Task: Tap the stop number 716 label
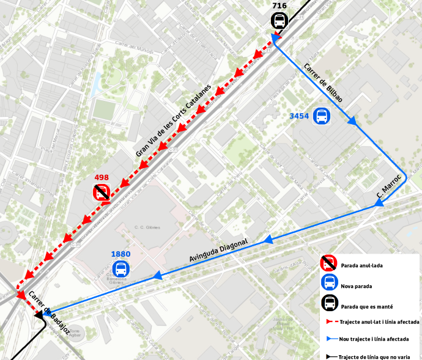[x=279, y=6]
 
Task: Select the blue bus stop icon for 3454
[x=321, y=116]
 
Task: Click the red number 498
[x=102, y=178]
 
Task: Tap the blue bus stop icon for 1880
[x=121, y=269]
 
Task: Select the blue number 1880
[x=121, y=254]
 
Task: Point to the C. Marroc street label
[x=389, y=189]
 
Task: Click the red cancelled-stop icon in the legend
[x=329, y=263]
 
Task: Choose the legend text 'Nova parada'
[x=357, y=285]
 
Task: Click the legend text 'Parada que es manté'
[x=366, y=306]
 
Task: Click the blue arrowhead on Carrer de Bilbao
[x=352, y=122]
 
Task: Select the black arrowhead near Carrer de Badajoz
[x=40, y=315]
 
